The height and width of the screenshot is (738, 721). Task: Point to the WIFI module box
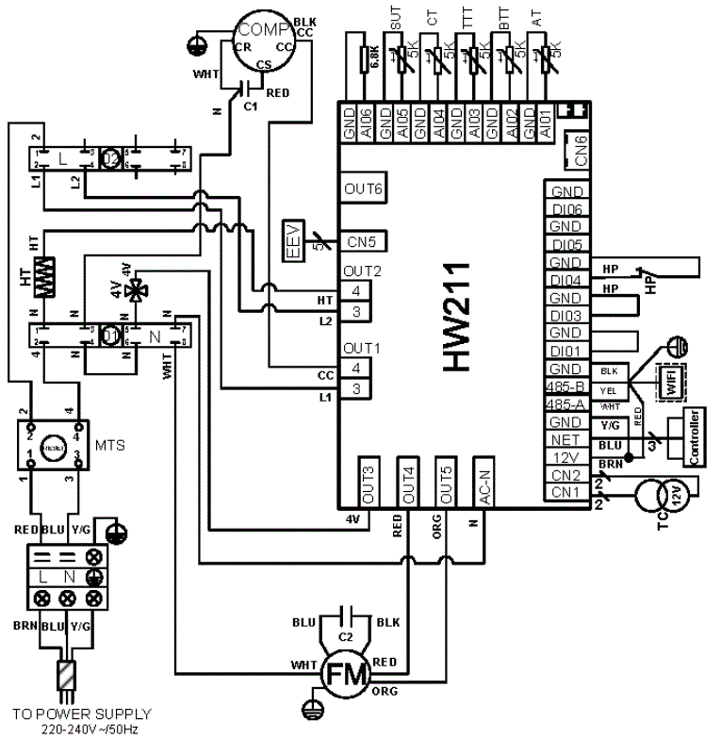[670, 384]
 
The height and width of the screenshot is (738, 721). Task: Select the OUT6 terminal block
[362, 189]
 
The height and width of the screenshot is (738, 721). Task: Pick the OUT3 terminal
[369, 485]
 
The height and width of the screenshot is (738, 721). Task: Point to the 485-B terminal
[565, 386]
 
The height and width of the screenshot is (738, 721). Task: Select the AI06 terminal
[368, 124]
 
